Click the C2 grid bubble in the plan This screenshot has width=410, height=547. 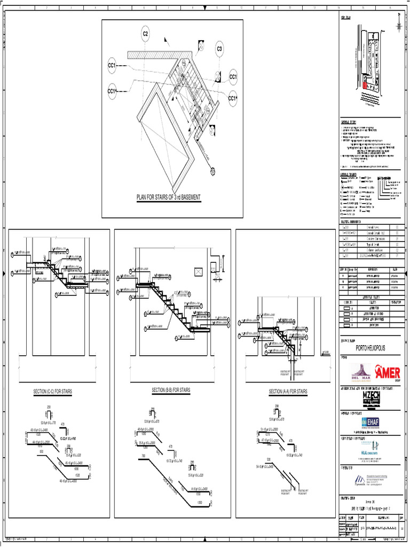(145, 34)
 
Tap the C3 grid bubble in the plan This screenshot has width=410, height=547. (219, 50)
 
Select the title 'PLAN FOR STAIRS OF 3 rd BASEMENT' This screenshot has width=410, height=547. (169, 198)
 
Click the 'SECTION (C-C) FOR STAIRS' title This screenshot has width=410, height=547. (53, 392)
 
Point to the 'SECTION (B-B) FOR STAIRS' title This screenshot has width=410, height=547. (171, 390)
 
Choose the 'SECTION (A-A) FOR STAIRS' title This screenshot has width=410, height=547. (288, 392)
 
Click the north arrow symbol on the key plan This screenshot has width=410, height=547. (400, 25)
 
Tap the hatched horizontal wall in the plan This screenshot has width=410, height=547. (149, 54)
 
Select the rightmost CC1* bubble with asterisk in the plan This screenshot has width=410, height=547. (233, 98)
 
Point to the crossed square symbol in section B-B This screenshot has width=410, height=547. (199, 272)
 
